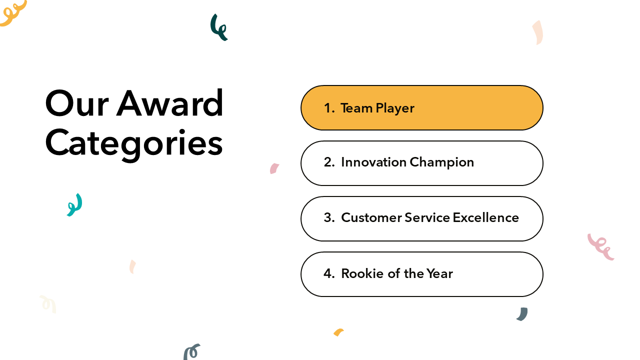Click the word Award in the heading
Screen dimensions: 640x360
click(170, 103)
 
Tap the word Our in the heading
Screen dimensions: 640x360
click(77, 103)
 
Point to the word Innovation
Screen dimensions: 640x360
click(373, 162)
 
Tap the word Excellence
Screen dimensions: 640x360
click(485, 217)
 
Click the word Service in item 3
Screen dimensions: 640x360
click(427, 217)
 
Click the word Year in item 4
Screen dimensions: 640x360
click(439, 273)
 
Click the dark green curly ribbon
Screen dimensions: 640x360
click(218, 27)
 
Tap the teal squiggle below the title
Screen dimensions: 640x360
click(75, 205)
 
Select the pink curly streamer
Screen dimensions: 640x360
click(601, 247)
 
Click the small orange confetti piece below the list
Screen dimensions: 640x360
click(338, 332)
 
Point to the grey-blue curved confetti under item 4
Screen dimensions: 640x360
click(523, 314)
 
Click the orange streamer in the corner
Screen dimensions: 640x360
click(13, 13)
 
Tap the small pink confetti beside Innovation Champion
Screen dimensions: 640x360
click(274, 168)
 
